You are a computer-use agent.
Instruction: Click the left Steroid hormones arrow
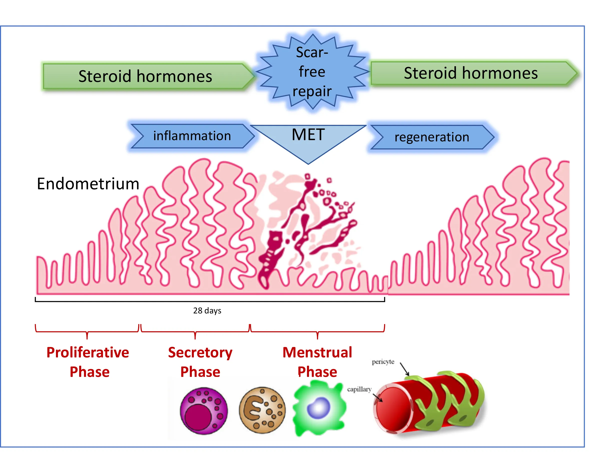tap(145, 76)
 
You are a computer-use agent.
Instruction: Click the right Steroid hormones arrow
tap(471, 73)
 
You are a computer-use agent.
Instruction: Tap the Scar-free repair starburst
tap(312, 71)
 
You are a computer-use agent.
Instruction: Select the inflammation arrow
tap(192, 136)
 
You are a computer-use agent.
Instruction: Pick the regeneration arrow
tap(432, 137)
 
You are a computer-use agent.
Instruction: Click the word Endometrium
tap(88, 184)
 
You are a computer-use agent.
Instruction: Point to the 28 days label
tap(207, 311)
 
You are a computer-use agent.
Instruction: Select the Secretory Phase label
tap(200, 362)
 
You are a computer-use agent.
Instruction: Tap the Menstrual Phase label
tap(317, 362)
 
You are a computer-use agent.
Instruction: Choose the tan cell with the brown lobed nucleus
tap(262, 410)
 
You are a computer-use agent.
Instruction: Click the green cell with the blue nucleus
tap(319, 408)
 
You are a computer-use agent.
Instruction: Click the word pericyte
tap(383, 362)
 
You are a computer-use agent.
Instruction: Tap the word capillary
tap(359, 389)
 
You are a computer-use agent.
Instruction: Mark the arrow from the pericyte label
tap(404, 369)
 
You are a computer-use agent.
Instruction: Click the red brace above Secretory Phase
tap(195, 331)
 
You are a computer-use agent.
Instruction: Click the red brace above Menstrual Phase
tap(317, 331)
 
